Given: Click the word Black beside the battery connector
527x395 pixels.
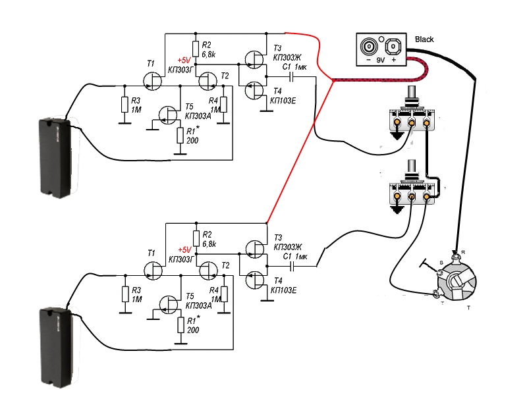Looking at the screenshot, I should (x=424, y=40).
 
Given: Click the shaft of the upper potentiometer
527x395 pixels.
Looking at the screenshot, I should (x=413, y=95).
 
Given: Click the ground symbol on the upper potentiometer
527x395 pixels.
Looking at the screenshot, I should (x=398, y=136).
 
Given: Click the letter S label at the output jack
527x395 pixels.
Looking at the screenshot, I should (x=440, y=263).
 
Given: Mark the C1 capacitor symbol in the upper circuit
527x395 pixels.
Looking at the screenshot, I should (x=292, y=77).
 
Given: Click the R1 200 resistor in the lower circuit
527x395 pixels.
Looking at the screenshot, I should (x=180, y=325).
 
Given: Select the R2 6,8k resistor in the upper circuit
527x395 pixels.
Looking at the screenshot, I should (x=196, y=48).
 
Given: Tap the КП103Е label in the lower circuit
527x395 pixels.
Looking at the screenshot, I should (x=284, y=290).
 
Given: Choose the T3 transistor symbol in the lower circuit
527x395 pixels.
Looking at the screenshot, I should (x=254, y=249).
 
